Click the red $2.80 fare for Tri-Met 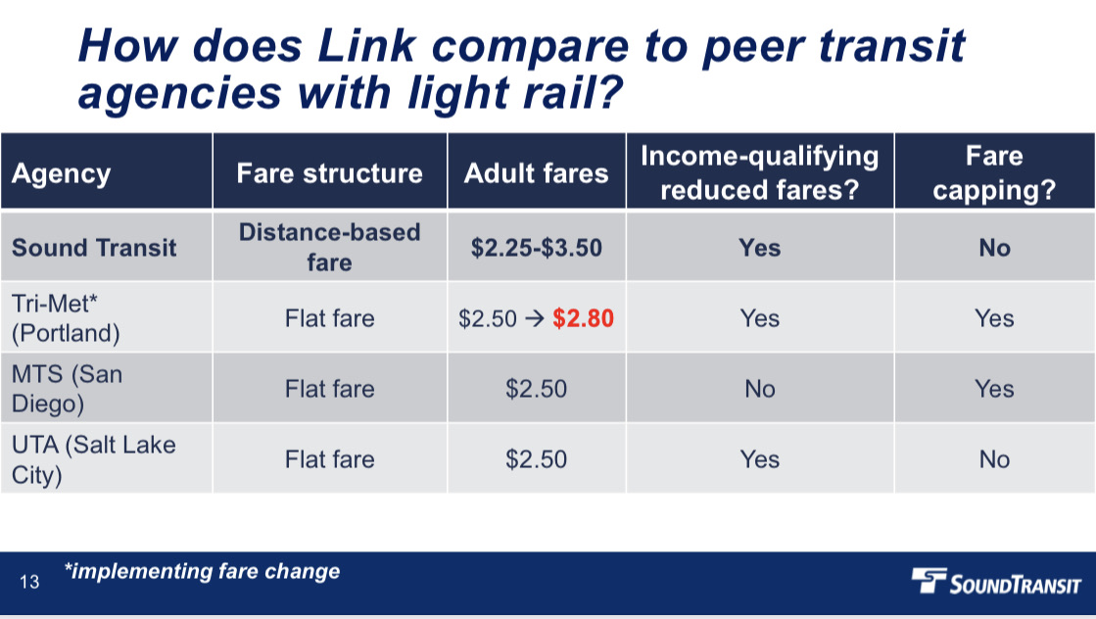[583, 318]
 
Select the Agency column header [62, 173]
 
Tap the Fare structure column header [329, 173]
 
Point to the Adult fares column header [536, 173]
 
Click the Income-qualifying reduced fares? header [760, 172]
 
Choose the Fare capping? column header [994, 172]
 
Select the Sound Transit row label [94, 248]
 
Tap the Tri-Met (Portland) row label [66, 318]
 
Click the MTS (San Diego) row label [68, 389]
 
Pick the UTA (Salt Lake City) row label [94, 459]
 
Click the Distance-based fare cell [329, 248]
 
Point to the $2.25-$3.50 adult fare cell [536, 248]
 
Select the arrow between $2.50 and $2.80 [535, 318]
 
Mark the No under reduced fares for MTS [760, 389]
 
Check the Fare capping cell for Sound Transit [994, 248]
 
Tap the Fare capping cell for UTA [994, 459]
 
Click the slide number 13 [29, 581]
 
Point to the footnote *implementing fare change [202, 571]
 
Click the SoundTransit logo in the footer [996, 581]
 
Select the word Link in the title [367, 46]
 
